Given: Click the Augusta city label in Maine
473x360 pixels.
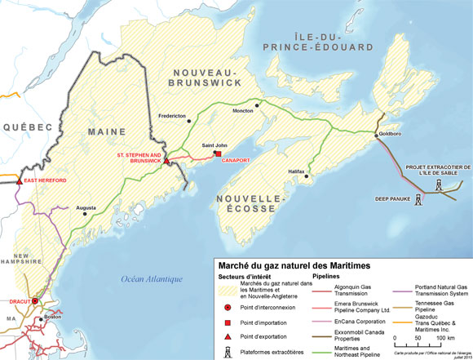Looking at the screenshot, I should tap(87, 208).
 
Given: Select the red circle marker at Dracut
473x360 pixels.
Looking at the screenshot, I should tap(33, 300).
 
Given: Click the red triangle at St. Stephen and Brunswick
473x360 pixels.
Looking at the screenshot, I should tap(166, 162).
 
